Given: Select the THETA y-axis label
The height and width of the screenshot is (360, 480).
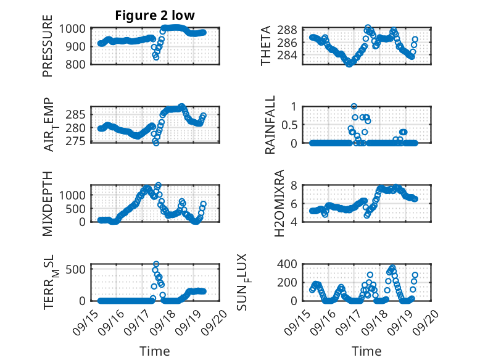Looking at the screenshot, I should click(x=266, y=46).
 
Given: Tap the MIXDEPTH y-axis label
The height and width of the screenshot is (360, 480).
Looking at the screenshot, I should click(x=48, y=203).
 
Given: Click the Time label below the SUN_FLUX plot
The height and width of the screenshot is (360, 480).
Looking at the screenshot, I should click(x=366, y=351).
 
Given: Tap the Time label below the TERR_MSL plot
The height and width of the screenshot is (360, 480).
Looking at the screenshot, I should click(x=154, y=351).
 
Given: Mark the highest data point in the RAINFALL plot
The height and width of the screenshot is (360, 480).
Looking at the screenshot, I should click(x=354, y=106).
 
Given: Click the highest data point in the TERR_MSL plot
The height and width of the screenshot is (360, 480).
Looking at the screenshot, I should click(x=156, y=264).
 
